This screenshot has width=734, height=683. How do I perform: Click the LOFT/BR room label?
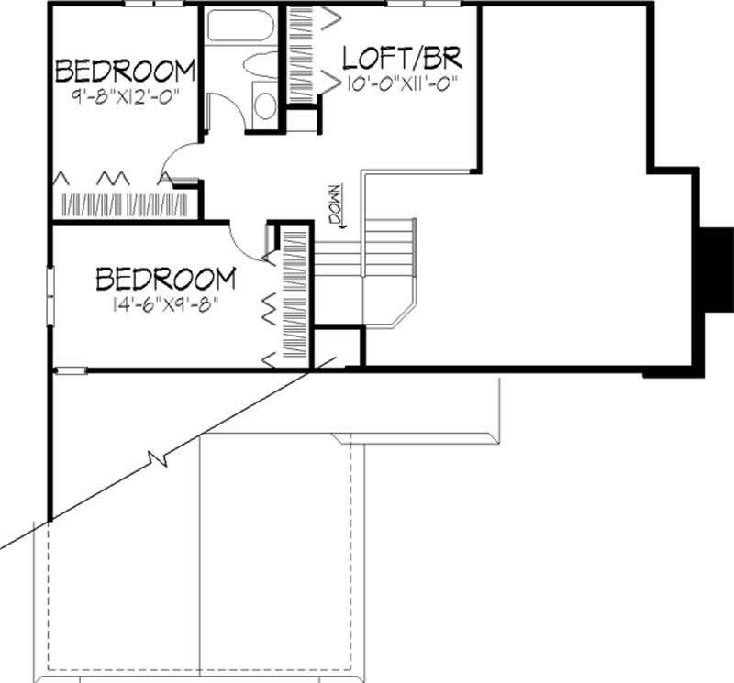(400, 58)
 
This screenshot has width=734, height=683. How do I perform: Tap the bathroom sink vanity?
(263, 104)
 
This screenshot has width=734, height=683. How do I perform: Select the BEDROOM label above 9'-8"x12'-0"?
(126, 70)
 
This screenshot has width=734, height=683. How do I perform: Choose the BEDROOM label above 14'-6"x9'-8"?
(166, 277)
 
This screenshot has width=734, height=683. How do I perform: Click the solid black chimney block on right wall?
(715, 270)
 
